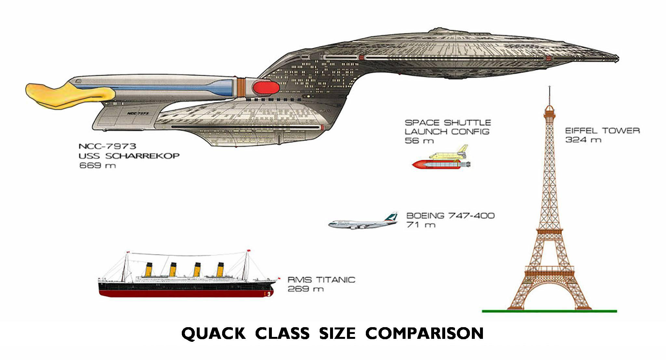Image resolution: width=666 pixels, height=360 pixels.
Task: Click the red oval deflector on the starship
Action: (265, 87)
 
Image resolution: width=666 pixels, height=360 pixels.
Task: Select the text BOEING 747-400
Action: (451, 216)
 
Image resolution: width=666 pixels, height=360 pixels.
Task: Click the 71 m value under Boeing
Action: (421, 225)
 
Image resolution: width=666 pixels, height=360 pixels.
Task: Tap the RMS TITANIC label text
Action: (321, 280)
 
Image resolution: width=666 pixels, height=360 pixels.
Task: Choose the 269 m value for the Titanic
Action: (306, 289)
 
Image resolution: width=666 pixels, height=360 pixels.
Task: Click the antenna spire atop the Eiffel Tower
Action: (549, 95)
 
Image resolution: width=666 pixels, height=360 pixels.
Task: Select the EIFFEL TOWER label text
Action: (603, 131)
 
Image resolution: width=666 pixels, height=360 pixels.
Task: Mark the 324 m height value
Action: (583, 140)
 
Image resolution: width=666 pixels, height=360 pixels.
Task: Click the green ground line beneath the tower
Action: (549, 311)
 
